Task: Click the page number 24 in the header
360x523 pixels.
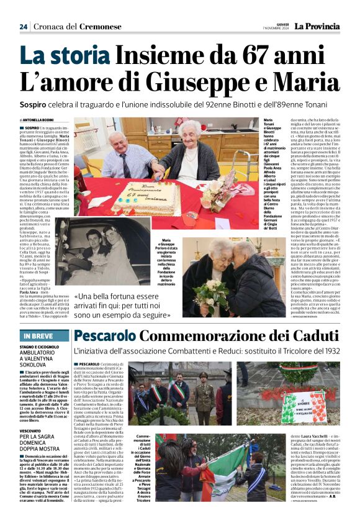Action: (x=24, y=27)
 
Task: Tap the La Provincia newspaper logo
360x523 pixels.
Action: (x=317, y=26)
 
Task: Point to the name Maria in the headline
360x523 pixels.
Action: (x=306, y=82)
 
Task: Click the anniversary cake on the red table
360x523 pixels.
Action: (x=145, y=197)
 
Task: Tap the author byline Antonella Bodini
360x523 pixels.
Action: (x=37, y=119)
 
